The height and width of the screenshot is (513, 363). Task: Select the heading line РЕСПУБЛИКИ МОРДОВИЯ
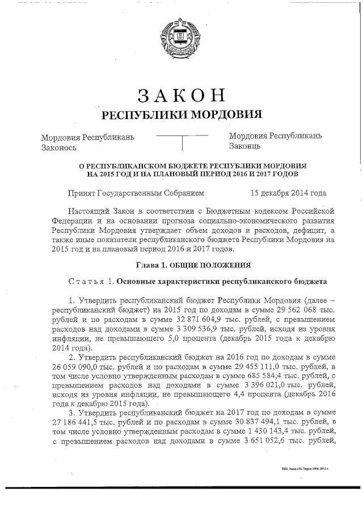click(181, 115)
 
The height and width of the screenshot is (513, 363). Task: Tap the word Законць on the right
click(245, 147)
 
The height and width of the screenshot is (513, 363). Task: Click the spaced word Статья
click(86, 281)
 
